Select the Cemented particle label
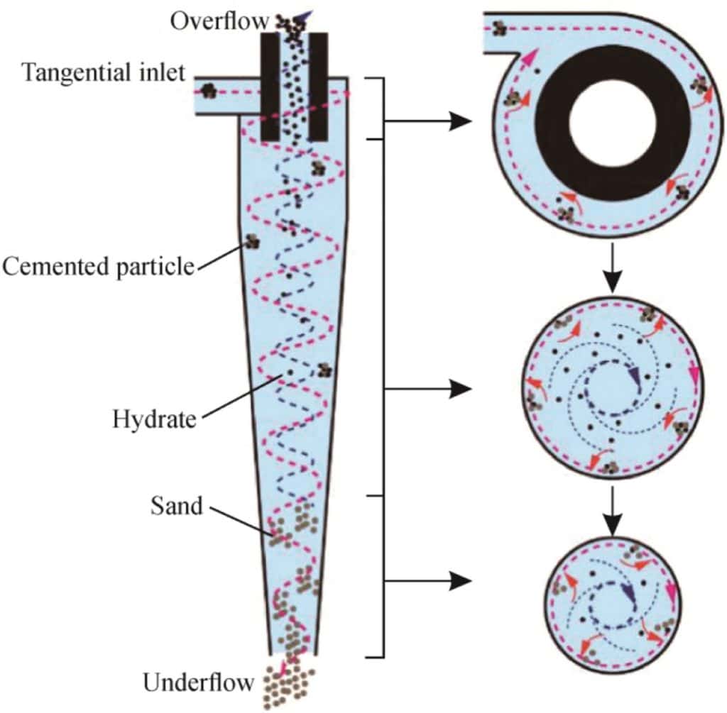[x=98, y=267]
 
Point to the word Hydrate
[x=153, y=419]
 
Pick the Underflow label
[x=198, y=683]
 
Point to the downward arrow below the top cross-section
[x=611, y=268]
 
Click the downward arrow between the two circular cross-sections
[x=611, y=509]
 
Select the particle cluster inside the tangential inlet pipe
[x=208, y=90]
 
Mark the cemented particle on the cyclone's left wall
[x=251, y=241]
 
